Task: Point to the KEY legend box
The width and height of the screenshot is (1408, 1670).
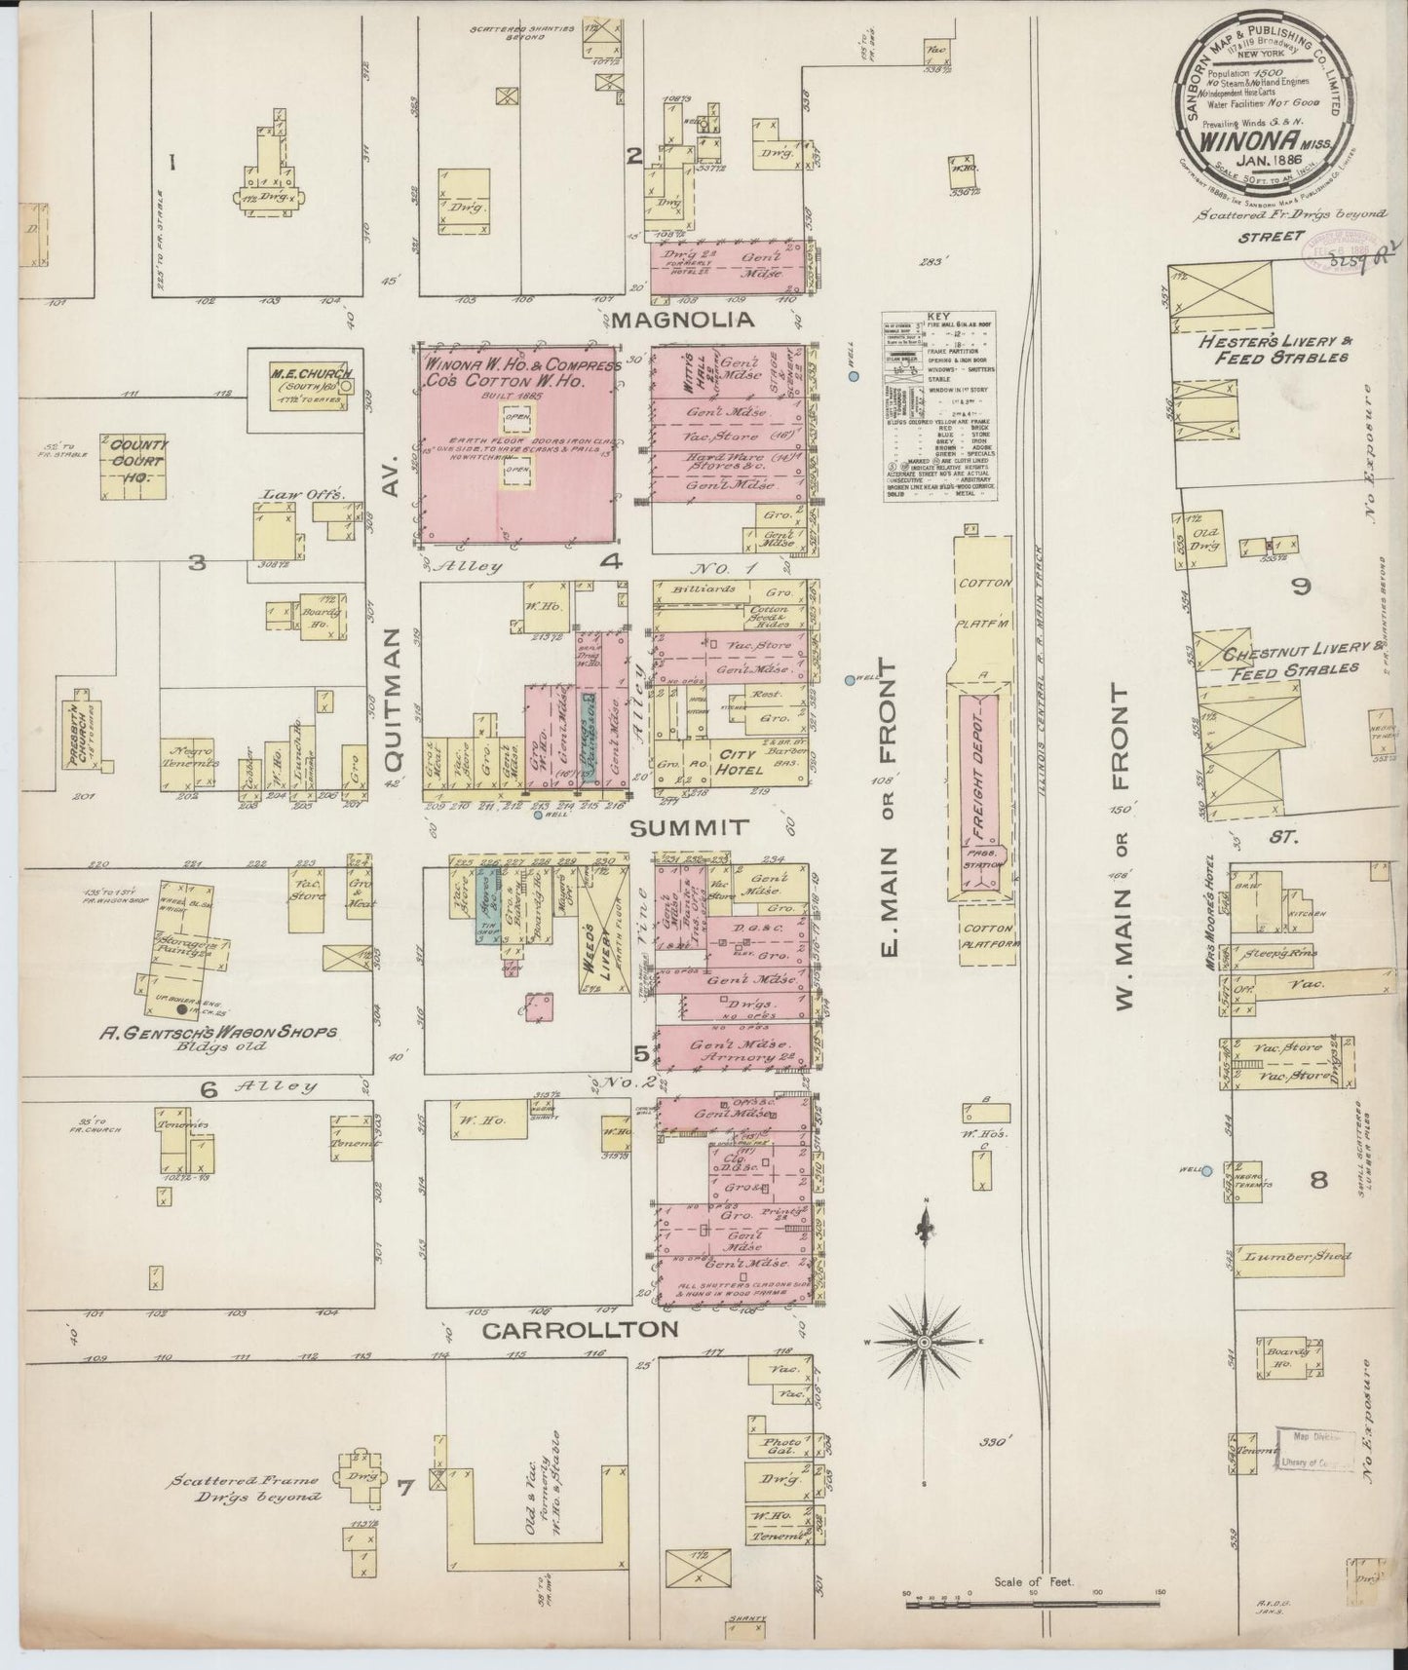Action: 939,407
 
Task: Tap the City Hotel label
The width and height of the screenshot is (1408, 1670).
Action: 738,755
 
